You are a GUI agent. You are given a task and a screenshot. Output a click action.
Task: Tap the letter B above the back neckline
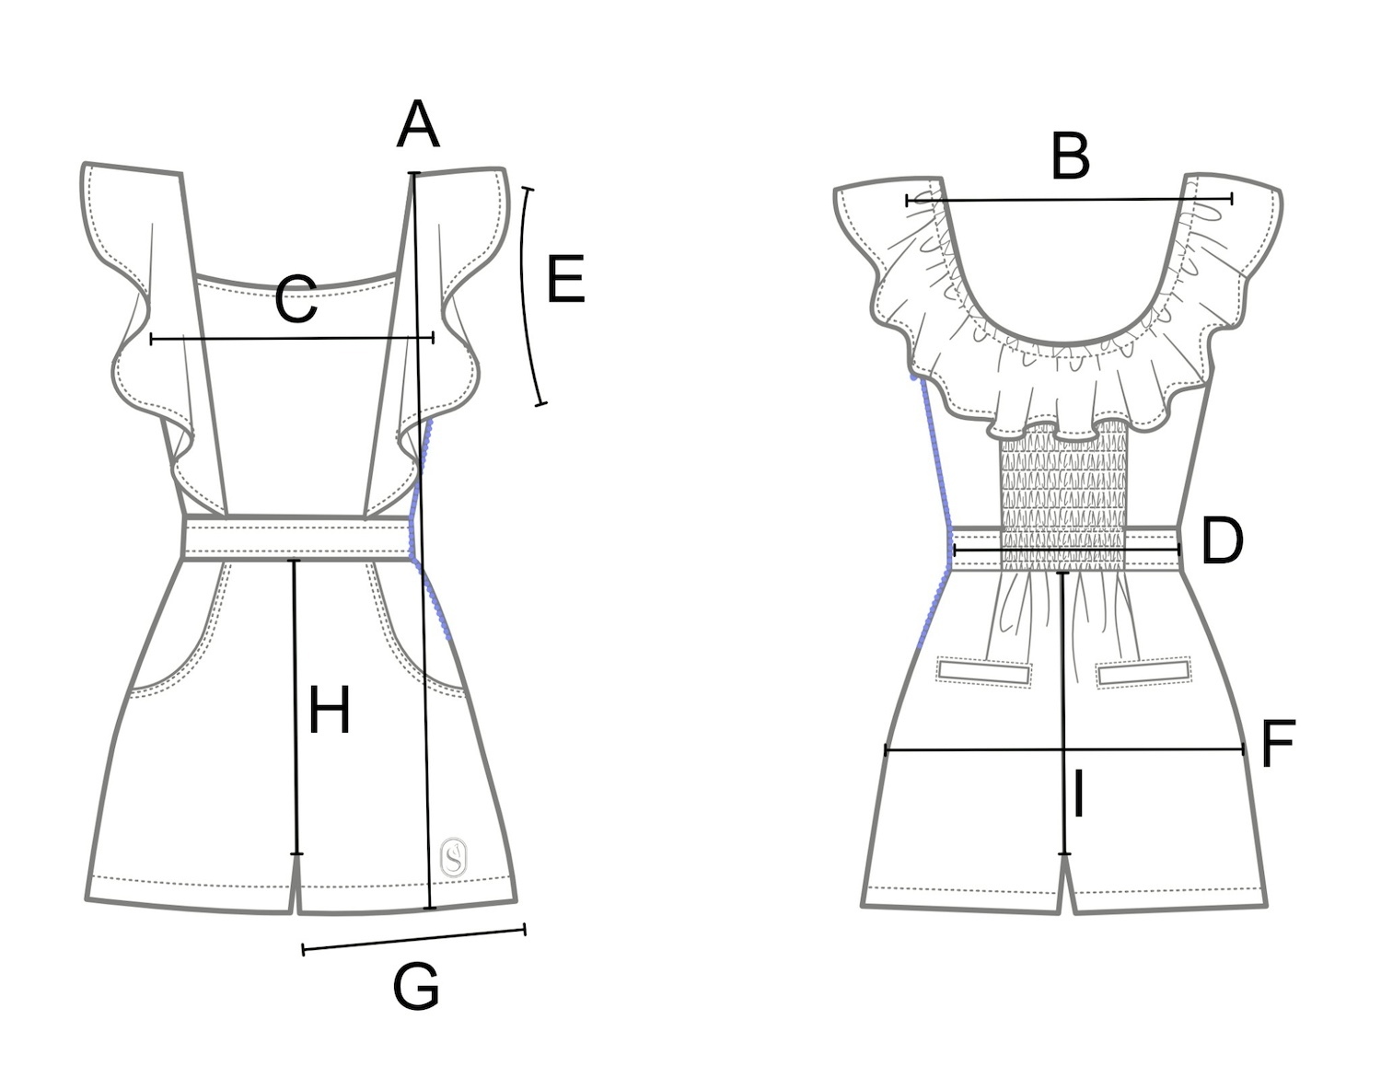coord(1071,156)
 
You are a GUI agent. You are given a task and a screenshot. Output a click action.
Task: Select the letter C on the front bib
coord(296,300)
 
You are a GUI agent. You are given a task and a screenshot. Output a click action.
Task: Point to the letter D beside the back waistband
coord(1222,541)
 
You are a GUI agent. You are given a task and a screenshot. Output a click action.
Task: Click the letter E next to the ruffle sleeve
coord(565,280)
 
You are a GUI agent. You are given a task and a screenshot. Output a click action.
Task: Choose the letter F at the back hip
coord(1278,744)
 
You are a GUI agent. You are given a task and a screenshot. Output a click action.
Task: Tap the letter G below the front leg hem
coord(415,987)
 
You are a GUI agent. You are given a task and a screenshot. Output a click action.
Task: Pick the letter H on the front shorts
coord(329,711)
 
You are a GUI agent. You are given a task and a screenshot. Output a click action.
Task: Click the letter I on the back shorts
coord(1078,795)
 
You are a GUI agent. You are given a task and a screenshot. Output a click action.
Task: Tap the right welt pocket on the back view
coord(1143,671)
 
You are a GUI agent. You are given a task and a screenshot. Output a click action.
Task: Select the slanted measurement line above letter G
coord(414,940)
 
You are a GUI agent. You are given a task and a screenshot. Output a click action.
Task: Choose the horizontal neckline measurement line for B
coord(1068,199)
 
